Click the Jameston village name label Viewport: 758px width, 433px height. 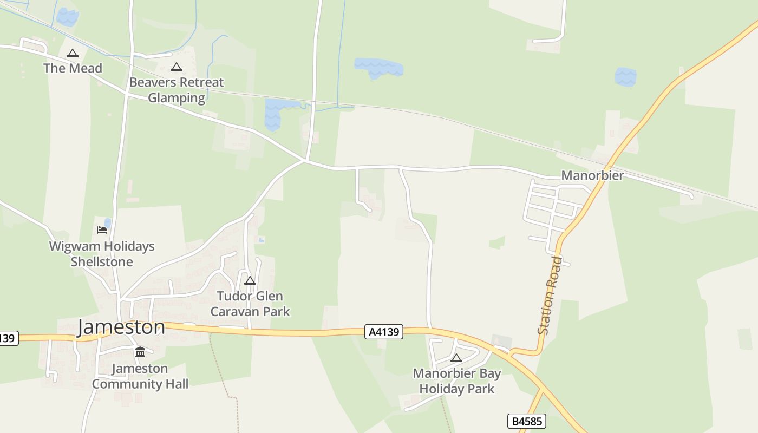tap(121, 327)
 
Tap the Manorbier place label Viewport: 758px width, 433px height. tap(592, 175)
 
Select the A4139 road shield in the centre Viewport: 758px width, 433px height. tap(384, 332)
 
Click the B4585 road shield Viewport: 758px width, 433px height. tap(526, 421)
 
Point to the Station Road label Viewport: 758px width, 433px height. tap(550, 296)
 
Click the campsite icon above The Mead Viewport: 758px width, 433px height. tap(72, 53)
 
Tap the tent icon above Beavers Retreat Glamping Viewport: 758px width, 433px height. tap(176, 67)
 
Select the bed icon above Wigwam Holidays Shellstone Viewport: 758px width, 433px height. tap(101, 229)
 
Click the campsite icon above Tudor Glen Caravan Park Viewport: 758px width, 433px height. tap(250, 280)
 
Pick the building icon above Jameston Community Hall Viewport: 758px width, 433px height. tap(140, 352)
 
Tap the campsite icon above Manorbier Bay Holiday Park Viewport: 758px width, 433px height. tap(456, 358)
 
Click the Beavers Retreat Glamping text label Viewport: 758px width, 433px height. tap(177, 90)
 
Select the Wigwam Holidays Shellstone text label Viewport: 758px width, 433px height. tap(102, 254)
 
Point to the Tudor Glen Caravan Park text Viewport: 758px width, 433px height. tap(250, 304)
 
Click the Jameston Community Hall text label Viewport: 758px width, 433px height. tap(140, 376)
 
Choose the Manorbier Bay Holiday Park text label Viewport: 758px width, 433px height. tap(457, 381)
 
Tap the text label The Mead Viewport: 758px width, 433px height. tap(73, 68)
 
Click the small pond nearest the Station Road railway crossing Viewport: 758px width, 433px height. tap(625, 77)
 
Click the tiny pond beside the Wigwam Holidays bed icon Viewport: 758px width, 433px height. tap(108, 223)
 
